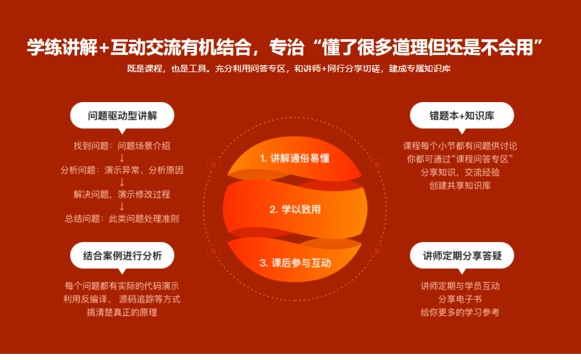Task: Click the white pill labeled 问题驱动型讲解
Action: pyautogui.click(x=122, y=115)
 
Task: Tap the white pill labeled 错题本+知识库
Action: pyautogui.click(x=461, y=115)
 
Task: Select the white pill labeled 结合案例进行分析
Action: pyautogui.click(x=122, y=255)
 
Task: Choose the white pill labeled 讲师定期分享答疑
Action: pyautogui.click(x=461, y=255)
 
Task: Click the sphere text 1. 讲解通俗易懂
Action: pyautogui.click(x=295, y=158)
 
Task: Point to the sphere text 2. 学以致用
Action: pyautogui.click(x=295, y=209)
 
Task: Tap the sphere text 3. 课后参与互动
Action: pyautogui.click(x=295, y=263)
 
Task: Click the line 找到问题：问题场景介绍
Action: pyautogui.click(x=122, y=146)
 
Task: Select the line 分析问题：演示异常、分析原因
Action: pyautogui.click(x=122, y=170)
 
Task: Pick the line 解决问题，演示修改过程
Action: pyautogui.click(x=122, y=194)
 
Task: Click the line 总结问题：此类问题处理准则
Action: pyautogui.click(x=122, y=218)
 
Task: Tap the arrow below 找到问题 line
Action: pyautogui.click(x=122, y=158)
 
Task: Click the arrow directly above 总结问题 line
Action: pyautogui.click(x=122, y=207)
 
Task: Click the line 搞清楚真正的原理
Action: pyautogui.click(x=122, y=312)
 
